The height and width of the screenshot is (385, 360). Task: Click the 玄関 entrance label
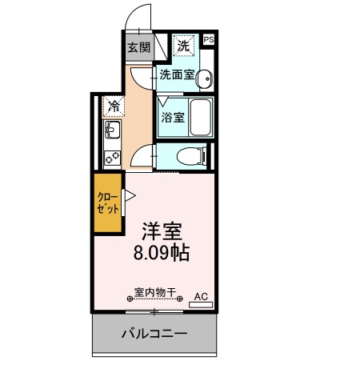pyautogui.click(x=138, y=47)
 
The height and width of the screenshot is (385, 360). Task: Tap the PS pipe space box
pyautogui.click(x=209, y=39)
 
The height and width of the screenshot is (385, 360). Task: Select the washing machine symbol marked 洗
pyautogui.click(x=184, y=46)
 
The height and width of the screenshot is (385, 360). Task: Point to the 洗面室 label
pyautogui.click(x=176, y=75)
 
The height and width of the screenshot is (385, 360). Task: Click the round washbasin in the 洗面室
pyautogui.click(x=204, y=78)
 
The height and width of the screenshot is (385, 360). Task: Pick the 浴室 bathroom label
pyautogui.click(x=172, y=117)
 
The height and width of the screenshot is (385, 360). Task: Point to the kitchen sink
pyautogui.click(x=111, y=130)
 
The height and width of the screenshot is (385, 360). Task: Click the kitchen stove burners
pyautogui.click(x=112, y=154)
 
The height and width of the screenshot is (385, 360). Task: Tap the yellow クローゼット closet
pyautogui.click(x=108, y=203)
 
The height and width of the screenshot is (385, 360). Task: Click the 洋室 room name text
pyautogui.click(x=162, y=231)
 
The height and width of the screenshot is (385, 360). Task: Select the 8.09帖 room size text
pyautogui.click(x=162, y=254)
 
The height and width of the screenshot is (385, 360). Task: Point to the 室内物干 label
pyautogui.click(x=154, y=293)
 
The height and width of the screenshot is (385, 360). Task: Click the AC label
pyautogui.click(x=201, y=296)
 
